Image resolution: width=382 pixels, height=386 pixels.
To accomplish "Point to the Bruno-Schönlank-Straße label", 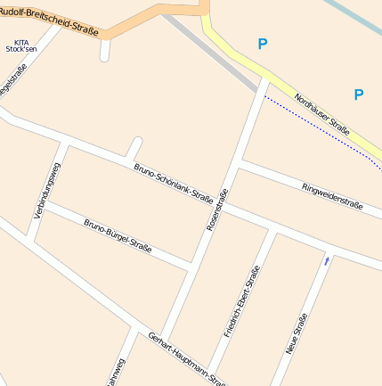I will point(173,184).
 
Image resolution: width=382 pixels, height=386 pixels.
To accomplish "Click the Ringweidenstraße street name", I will point(331,199).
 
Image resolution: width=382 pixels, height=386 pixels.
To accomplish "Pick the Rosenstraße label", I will point(217,210).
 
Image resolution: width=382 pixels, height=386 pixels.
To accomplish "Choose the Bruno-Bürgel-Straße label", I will point(117,236).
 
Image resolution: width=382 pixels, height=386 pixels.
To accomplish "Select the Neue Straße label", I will point(297,335).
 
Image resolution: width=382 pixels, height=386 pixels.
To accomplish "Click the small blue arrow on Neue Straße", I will point(327,260).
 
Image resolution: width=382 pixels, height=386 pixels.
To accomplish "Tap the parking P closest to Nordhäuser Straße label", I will point(358,94).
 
